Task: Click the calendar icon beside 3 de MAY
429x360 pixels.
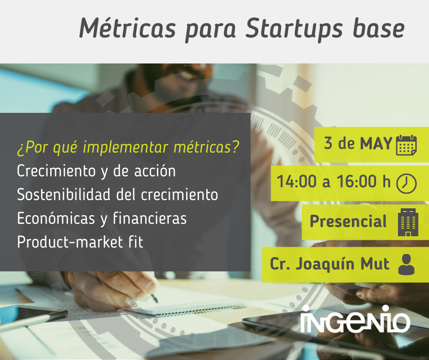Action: coord(406,145)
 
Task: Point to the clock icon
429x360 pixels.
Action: coord(406,183)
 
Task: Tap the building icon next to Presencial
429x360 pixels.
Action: coord(408,222)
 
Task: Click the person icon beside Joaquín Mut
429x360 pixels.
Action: coord(406,265)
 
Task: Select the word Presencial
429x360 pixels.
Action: coord(348,222)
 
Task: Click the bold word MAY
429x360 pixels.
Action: coord(376,144)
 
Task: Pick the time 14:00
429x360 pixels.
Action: coord(296,182)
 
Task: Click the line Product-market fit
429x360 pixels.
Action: coord(80,242)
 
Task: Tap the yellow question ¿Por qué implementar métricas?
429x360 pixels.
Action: coord(128,148)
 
